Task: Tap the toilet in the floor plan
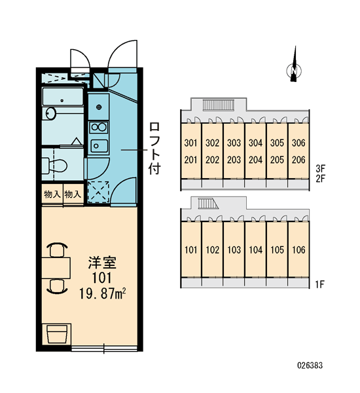click(x=54, y=166)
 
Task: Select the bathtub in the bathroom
click(x=62, y=97)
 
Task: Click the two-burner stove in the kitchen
click(x=99, y=127)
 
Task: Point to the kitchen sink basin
click(x=99, y=145)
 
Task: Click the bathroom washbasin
click(x=51, y=113)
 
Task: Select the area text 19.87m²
click(x=102, y=293)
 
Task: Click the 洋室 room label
click(x=102, y=263)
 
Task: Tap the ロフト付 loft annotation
click(x=154, y=149)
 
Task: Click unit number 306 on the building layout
click(x=298, y=143)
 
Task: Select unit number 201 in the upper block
click(x=190, y=160)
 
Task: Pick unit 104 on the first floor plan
click(x=255, y=250)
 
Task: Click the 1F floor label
click(x=320, y=284)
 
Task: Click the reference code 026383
click(x=310, y=365)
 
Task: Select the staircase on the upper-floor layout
click(x=218, y=105)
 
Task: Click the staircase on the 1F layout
click(x=208, y=203)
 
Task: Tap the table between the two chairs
click(x=56, y=268)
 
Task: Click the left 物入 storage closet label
click(x=52, y=195)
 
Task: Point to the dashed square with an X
click(x=98, y=192)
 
